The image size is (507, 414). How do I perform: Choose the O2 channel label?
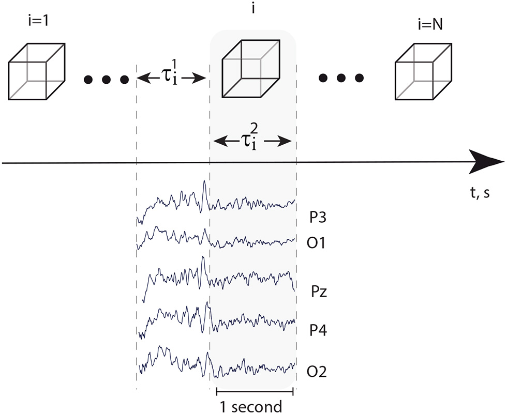tap(318, 371)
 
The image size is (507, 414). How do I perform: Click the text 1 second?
tap(251, 406)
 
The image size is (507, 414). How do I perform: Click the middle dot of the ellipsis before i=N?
tap(340, 79)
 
